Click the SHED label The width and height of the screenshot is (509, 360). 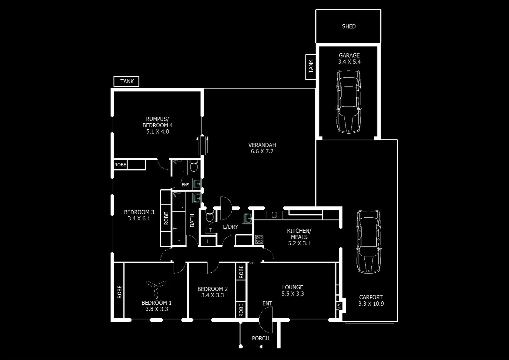tap(348, 26)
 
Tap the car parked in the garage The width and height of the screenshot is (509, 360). tap(348, 101)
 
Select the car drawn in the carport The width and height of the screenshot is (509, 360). tap(368, 241)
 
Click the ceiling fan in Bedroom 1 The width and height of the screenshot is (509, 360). tap(156, 287)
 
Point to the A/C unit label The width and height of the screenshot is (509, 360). tap(339, 305)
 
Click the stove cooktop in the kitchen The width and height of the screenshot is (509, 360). tap(259, 239)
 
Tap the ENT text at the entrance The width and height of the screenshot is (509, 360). tap(267, 303)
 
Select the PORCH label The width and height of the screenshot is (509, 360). tap(260, 338)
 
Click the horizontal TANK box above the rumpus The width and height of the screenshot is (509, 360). tap(127, 81)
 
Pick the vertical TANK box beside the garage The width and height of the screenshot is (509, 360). tap(311, 67)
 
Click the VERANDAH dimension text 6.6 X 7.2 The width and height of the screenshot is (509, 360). tap(262, 151)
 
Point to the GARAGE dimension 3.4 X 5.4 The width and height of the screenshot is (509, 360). tap(349, 62)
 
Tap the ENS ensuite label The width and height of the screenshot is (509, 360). tap(186, 185)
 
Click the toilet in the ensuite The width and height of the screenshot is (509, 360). tap(194, 166)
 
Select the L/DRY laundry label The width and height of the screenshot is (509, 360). tap(231, 227)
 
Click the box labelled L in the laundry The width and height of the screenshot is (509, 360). tap(209, 241)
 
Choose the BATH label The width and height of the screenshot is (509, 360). tap(192, 220)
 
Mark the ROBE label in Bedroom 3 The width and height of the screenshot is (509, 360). tap(166, 218)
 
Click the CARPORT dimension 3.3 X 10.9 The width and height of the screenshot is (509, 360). tap(371, 304)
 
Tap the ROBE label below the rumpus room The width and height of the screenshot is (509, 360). tap(120, 165)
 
